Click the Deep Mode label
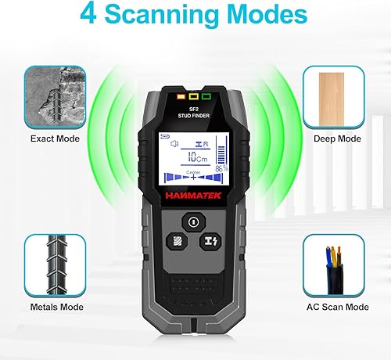(337, 139)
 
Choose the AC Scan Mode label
(336, 308)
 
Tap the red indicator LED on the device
(179, 98)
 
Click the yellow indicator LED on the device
(194, 98)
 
